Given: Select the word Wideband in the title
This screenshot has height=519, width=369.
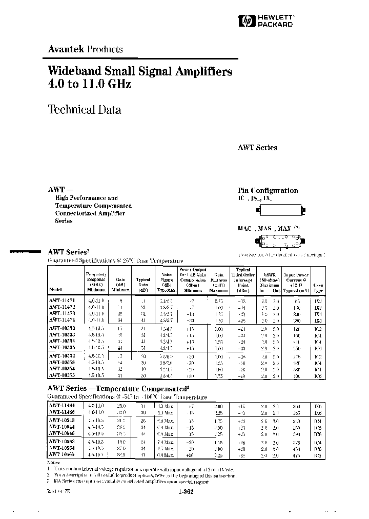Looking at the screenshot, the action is point(70,71).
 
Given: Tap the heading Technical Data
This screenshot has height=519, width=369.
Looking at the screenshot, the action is point(84,109).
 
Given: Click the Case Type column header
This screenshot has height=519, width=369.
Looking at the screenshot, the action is point(318,285).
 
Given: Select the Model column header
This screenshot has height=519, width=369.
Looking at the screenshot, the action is point(55,289).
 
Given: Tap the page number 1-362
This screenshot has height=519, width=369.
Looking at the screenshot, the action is point(187,492).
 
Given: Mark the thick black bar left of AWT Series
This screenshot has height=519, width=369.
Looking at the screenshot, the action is point(25,252).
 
